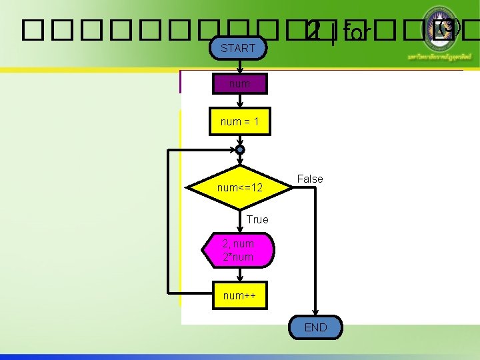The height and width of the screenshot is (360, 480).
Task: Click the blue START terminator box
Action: click(238, 48)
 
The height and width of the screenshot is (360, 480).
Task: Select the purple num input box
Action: click(239, 84)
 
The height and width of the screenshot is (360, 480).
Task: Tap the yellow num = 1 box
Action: click(239, 122)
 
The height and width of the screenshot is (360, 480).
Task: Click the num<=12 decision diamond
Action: click(240, 188)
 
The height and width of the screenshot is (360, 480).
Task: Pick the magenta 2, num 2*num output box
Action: click(238, 251)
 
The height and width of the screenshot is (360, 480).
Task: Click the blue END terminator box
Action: click(315, 327)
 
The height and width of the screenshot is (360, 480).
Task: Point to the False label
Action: click(310, 179)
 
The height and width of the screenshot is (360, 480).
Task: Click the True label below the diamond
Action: click(257, 219)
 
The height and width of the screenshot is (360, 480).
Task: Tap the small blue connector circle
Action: click(240, 150)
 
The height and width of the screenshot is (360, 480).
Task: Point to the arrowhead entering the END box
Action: click(315, 313)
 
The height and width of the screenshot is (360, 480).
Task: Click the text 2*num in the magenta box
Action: click(238, 257)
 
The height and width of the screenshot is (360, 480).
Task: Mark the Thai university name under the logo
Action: click(443, 58)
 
